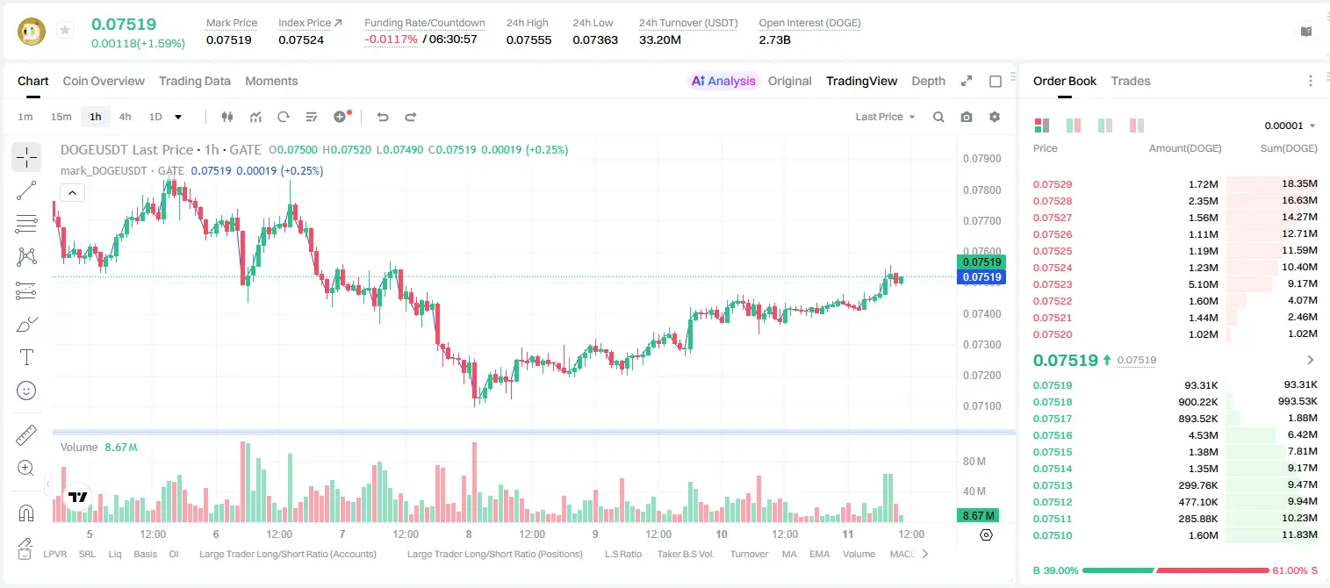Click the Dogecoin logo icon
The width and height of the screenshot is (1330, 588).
pyautogui.click(x=32, y=32)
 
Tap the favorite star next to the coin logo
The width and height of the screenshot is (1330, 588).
pyautogui.click(x=65, y=30)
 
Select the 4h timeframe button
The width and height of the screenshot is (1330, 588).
pyautogui.click(x=125, y=117)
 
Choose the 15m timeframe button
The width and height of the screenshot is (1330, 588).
pyautogui.click(x=61, y=117)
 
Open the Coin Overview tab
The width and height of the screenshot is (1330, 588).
pyautogui.click(x=104, y=81)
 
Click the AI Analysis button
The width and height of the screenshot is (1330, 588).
pyautogui.click(x=723, y=81)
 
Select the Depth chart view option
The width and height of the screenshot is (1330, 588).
pyautogui.click(x=928, y=81)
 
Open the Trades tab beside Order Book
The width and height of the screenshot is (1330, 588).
pyautogui.click(x=1131, y=81)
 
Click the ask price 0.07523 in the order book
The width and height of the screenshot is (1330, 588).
pyautogui.click(x=1053, y=284)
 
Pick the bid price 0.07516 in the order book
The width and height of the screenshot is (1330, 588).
pyautogui.click(x=1053, y=435)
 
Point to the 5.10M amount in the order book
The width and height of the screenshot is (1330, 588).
pyautogui.click(x=1204, y=284)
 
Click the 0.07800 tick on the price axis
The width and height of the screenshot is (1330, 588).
pyautogui.click(x=982, y=190)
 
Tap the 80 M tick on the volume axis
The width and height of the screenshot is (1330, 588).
pyautogui.click(x=974, y=461)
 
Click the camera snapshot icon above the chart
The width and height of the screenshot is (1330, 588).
pyautogui.click(x=967, y=117)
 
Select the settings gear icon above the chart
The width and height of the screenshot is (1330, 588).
pyautogui.click(x=995, y=117)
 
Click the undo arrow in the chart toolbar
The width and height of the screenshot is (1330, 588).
pyautogui.click(x=383, y=117)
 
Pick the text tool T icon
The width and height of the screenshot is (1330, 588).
pyautogui.click(x=26, y=357)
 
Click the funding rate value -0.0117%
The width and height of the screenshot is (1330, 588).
pyautogui.click(x=392, y=39)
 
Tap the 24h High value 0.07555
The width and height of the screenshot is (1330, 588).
pyautogui.click(x=528, y=39)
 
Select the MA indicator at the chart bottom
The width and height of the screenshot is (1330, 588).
pyautogui.click(x=789, y=554)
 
